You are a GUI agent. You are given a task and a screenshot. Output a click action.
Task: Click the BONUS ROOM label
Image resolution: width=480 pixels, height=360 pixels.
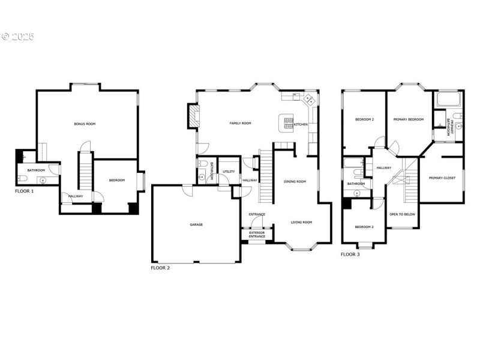tap(85, 124)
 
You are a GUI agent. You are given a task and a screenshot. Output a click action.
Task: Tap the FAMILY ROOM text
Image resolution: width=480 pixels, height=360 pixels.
tap(240, 124)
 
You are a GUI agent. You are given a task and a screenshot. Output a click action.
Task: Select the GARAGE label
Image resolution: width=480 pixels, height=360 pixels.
tap(196, 224)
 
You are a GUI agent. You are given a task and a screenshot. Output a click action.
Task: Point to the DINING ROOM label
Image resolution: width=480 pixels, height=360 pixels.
tap(295, 181)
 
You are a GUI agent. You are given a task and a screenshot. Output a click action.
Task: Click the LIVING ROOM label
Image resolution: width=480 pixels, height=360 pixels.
tap(301, 222)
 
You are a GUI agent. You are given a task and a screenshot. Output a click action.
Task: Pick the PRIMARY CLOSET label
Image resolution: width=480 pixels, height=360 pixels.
tap(442, 178)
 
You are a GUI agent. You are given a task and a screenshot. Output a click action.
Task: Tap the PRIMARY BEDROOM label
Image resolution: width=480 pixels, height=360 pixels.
tap(409, 119)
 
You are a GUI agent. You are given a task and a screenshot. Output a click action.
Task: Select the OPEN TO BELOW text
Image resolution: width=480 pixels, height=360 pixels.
tap(401, 214)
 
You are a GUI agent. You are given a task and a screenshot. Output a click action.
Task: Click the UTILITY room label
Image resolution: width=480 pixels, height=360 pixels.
tap(229, 172)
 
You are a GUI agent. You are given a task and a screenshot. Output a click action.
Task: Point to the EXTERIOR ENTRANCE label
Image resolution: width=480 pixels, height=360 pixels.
tap(257, 235)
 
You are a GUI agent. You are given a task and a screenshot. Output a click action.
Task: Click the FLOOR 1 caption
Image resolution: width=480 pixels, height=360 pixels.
tap(25, 191)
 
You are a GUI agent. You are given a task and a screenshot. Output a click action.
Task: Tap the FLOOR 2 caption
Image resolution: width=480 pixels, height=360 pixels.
tap(160, 268)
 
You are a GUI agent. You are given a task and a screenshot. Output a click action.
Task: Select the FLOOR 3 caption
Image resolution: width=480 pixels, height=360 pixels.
tap(350, 254)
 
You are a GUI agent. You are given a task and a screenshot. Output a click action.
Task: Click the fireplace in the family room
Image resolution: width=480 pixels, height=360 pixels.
tap(193, 116)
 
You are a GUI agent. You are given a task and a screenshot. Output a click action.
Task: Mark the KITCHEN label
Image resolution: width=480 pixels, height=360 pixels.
tap(301, 124)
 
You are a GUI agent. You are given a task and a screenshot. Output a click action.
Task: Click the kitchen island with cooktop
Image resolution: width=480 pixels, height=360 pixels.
tap(287, 122)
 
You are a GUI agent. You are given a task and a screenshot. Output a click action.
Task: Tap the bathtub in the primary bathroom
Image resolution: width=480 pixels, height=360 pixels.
tap(447, 99)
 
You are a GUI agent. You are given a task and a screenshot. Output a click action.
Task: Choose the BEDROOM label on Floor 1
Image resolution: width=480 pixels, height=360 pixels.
tap(117, 180)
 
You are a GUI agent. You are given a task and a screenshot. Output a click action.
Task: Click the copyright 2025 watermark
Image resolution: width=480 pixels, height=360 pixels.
tap(18, 37)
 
